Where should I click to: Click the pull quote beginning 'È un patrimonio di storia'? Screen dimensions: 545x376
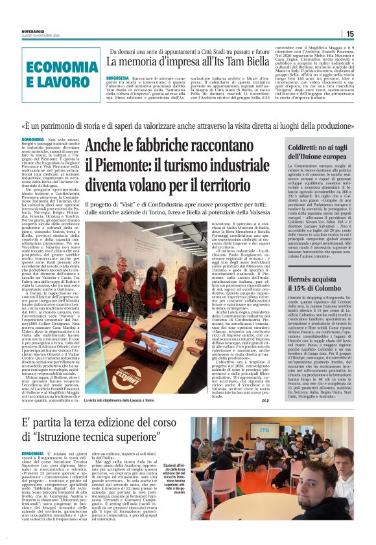188,126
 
